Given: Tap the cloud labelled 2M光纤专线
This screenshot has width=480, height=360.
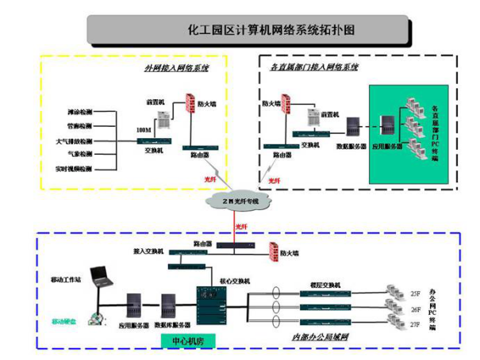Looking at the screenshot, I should pyautogui.click(x=238, y=201).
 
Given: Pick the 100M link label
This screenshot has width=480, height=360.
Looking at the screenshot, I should pyautogui.click(x=144, y=129).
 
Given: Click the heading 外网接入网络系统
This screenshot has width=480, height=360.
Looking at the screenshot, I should pyautogui.click(x=176, y=68).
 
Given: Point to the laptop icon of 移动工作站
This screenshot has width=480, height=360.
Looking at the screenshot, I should pyautogui.click(x=101, y=275).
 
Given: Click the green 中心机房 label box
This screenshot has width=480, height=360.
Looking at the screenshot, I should pyautogui.click(x=188, y=341).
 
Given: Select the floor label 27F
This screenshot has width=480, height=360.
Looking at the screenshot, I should pyautogui.click(x=415, y=324).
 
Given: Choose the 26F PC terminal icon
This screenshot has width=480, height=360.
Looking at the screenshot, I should pyautogui.click(x=390, y=308).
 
